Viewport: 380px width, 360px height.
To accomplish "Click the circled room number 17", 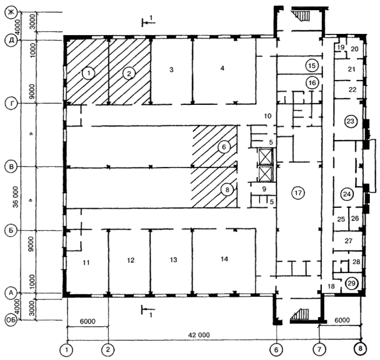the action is click(298, 193).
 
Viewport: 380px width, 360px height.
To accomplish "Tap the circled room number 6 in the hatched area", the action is click(224, 147).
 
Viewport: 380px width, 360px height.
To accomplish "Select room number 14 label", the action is click(224, 259).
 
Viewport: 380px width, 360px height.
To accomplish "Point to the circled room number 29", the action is click(351, 283).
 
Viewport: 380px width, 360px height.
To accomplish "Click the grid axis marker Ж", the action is click(11, 13).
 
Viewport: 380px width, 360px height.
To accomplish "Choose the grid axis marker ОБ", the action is click(11, 320).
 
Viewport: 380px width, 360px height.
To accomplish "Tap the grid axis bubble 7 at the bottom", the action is click(319, 349).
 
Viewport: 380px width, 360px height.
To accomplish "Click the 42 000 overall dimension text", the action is click(199, 335).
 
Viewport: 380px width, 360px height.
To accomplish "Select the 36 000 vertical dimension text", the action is click(15, 197).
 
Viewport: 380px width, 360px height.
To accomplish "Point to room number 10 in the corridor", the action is click(267, 116).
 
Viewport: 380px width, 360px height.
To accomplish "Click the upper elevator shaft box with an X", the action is click(266, 156).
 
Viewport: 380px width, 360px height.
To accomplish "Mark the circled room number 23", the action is click(351, 121).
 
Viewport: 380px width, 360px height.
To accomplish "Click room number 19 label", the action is click(341, 47).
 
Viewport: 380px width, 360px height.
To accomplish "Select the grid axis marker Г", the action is click(11, 103).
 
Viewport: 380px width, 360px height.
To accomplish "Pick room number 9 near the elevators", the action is click(264, 189).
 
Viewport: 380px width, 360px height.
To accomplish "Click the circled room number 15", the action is click(312, 66).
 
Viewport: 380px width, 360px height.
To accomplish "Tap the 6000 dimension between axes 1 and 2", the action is click(88, 321).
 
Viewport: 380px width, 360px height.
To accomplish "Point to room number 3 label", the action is click(171, 70).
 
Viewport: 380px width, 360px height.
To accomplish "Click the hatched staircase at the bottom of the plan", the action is click(299, 314).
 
